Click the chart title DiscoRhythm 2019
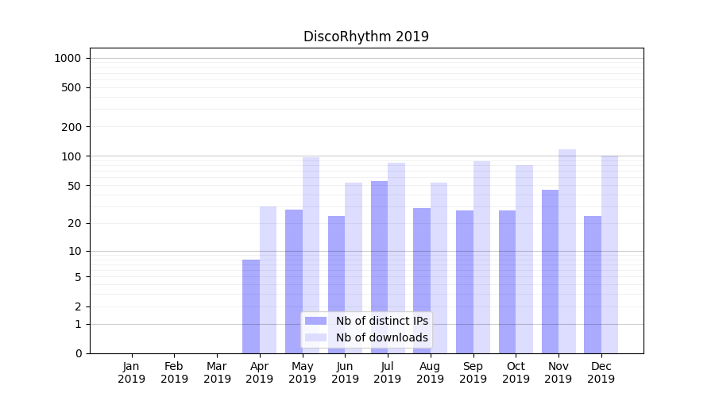coord(366,37)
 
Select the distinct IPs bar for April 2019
coord(251,306)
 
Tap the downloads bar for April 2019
coord(269,279)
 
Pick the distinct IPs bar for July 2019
coord(379,267)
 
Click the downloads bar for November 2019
coord(567,251)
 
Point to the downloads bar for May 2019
coord(311,255)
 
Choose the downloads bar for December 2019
coord(610,254)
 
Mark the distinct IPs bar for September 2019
coord(465,282)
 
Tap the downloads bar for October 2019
coord(524,259)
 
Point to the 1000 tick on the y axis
coord(68,58)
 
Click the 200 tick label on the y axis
coord(71,127)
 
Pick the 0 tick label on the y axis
coord(78,353)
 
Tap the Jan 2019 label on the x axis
coord(132,372)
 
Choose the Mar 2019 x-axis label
coord(217,372)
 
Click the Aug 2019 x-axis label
coord(431,372)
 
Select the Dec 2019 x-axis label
coord(601,372)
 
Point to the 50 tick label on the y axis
coord(74,186)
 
